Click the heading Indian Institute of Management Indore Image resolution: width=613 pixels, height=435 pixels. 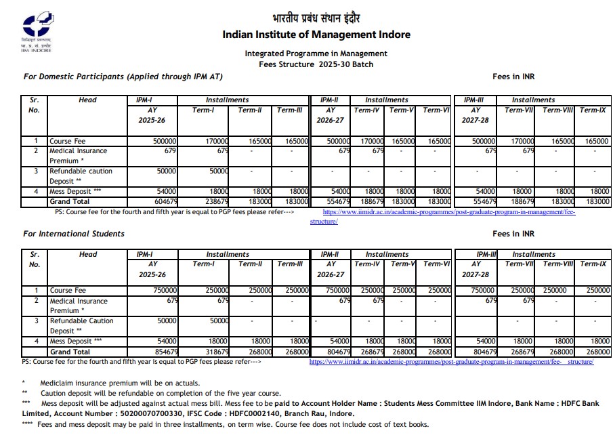pyautogui.click(x=316, y=35)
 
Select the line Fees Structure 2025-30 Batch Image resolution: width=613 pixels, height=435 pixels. pyautogui.click(x=316, y=64)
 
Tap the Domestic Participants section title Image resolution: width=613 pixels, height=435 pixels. pyautogui.click(x=123, y=77)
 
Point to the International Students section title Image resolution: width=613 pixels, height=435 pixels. pyautogui.click(x=74, y=234)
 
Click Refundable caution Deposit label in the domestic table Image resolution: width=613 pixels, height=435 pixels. pyautogui.click(x=81, y=176)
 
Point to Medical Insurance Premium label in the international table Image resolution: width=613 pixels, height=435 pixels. pyautogui.click(x=78, y=306)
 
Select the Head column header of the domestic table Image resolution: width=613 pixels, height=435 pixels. pyautogui.click(x=87, y=100)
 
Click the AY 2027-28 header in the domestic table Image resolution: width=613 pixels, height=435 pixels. pyautogui.click(x=475, y=115)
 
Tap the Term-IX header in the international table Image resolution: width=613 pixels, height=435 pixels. pyautogui.click(x=593, y=264)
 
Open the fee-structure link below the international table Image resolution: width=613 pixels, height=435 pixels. pyautogui.click(x=451, y=362)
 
